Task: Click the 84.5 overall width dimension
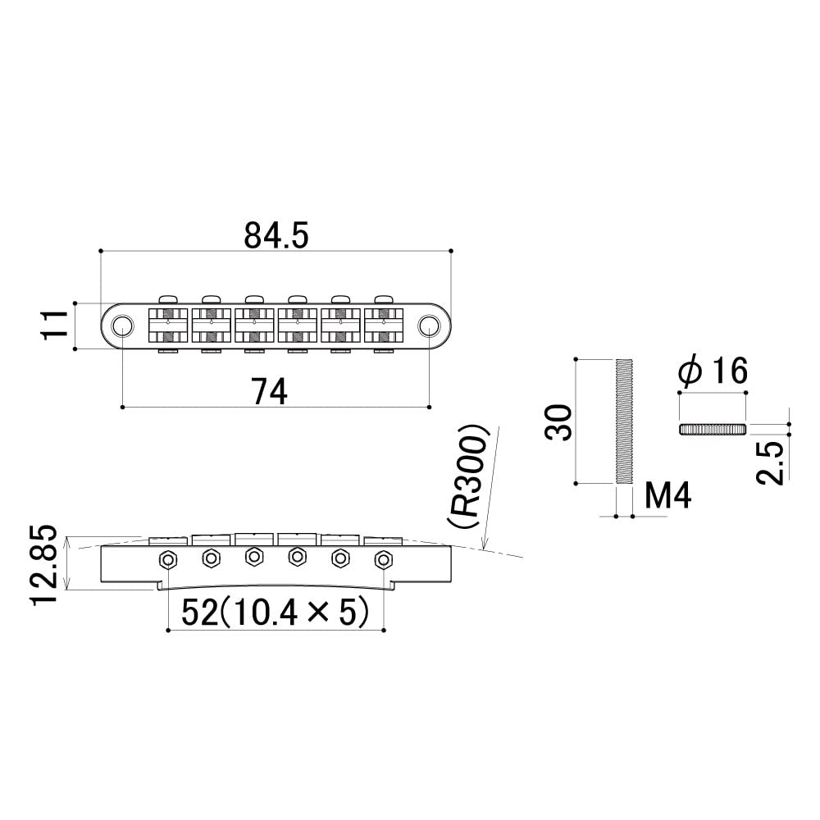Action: tap(276, 235)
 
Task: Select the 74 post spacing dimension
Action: tap(269, 393)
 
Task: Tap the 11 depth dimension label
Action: tap(54, 326)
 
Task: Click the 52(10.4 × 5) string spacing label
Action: tap(274, 613)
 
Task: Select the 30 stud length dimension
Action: tap(559, 421)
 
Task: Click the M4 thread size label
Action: tap(668, 496)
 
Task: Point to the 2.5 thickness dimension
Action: tap(772, 459)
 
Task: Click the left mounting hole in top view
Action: tap(122, 326)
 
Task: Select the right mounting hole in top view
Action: tap(429, 326)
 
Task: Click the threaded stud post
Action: tap(623, 421)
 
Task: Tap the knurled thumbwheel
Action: tap(713, 429)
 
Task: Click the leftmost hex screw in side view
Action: tap(168, 559)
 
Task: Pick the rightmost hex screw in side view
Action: tap(382, 560)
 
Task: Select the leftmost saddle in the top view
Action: tap(168, 326)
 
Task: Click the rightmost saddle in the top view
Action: tap(382, 326)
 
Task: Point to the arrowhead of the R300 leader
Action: tap(485, 547)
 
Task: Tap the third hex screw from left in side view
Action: tap(253, 557)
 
